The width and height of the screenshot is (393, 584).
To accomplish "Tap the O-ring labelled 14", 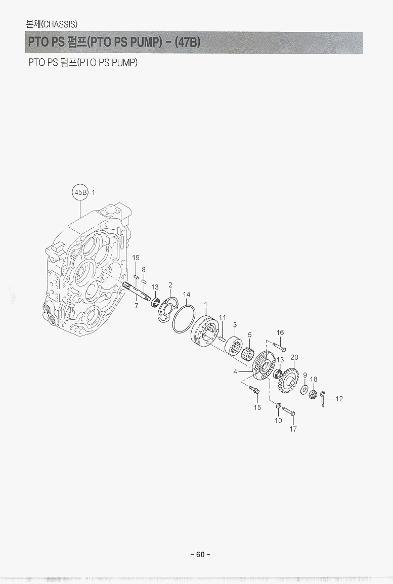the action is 184,319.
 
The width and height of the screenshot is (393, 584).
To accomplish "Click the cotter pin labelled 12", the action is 323,398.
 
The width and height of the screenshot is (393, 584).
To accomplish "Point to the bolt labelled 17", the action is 288,411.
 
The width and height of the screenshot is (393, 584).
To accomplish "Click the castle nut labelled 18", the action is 313,394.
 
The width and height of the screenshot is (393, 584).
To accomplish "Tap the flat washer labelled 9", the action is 304,390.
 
